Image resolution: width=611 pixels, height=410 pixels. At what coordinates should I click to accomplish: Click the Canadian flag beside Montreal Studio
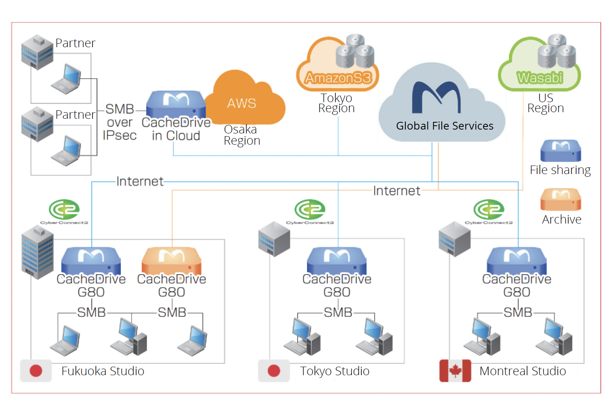point(455,371)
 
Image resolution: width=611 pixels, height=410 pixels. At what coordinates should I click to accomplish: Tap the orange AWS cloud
point(244,101)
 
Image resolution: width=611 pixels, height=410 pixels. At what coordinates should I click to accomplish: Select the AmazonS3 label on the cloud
point(338,78)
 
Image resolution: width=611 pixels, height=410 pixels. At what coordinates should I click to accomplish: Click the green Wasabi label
point(540,78)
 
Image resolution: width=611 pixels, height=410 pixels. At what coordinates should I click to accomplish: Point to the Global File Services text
point(445,126)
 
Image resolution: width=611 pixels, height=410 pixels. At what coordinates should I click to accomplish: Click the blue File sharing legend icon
point(560,151)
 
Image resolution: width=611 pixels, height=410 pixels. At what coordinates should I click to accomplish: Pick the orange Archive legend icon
point(560,199)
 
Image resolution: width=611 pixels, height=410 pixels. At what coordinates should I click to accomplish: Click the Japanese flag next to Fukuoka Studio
point(36,371)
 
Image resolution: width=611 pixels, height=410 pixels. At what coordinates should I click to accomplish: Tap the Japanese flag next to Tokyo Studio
point(274,371)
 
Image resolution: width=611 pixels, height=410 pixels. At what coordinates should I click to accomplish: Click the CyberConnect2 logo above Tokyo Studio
point(310,211)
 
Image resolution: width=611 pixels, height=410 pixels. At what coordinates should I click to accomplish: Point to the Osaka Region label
point(242,135)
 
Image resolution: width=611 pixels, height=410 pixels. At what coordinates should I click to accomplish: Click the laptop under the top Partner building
point(67,79)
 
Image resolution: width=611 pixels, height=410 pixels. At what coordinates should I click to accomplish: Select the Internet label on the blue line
point(140,181)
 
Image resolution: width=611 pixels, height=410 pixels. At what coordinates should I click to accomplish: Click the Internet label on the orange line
point(396,191)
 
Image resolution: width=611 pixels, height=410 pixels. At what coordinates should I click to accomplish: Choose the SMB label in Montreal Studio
point(518,312)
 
